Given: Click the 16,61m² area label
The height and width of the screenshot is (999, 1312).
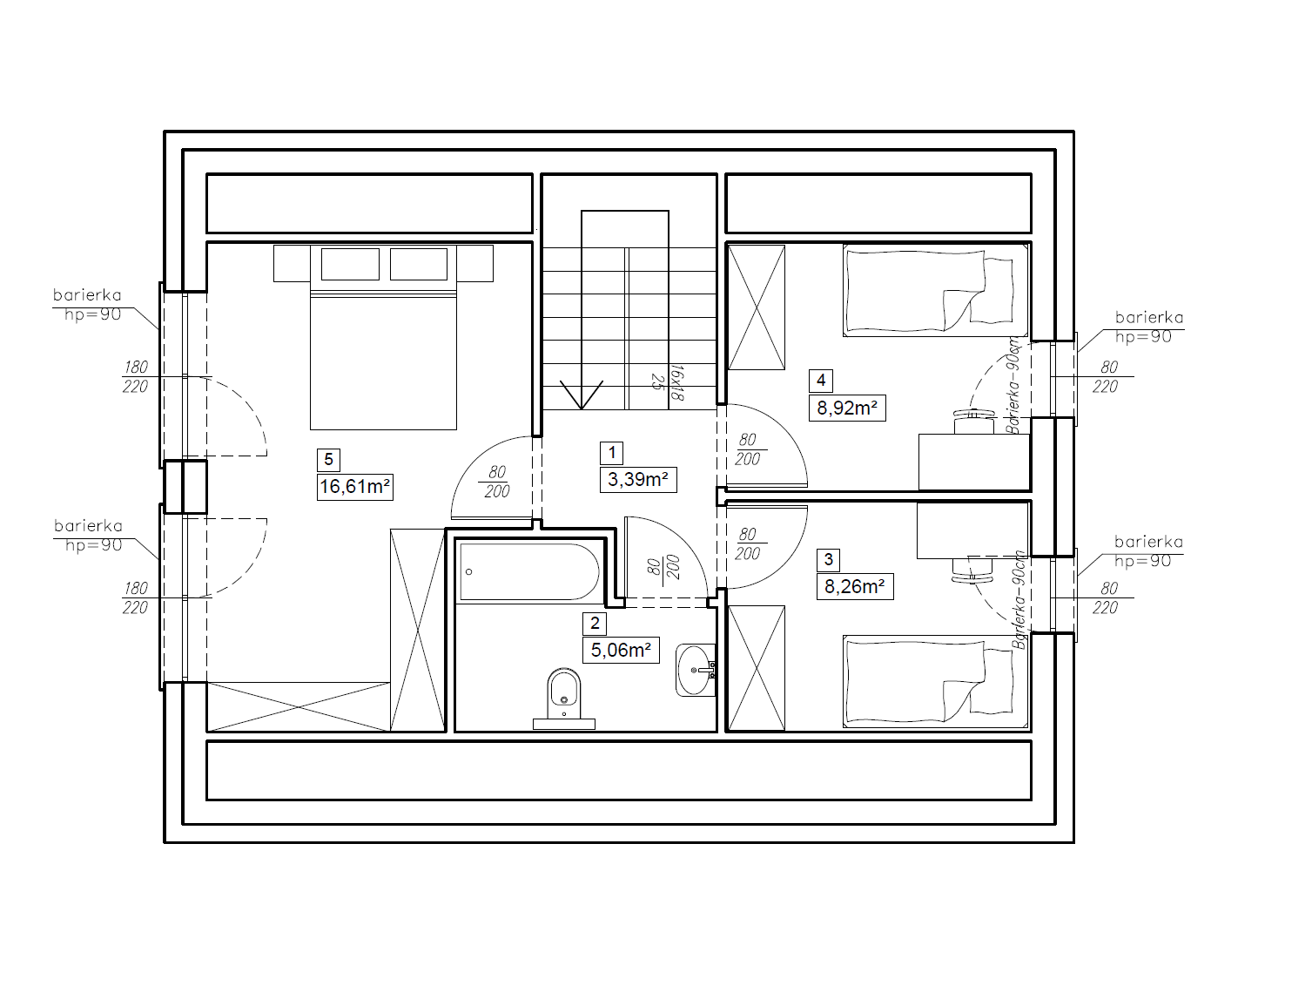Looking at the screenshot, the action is coord(355,487).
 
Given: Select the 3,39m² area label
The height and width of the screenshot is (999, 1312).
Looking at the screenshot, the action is coord(638,480).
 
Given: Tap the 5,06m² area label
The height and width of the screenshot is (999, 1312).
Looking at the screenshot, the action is coord(621,650).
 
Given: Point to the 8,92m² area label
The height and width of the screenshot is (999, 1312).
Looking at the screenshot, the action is coord(847,408).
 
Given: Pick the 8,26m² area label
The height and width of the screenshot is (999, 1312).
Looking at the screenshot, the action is coord(855,586).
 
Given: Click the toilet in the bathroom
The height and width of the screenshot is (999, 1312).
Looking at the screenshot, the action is coord(563,699).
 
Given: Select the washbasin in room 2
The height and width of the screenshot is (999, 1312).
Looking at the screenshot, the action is coord(696,670).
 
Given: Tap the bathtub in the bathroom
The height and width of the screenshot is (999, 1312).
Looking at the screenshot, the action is coord(529,571).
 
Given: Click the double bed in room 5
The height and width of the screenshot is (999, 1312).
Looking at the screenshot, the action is coord(383,337).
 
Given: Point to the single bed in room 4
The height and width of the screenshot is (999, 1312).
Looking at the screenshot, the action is coord(935,290).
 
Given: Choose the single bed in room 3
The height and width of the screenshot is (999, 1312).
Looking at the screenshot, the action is coord(935,682).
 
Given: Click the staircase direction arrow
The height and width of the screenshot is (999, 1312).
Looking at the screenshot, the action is coord(581,395).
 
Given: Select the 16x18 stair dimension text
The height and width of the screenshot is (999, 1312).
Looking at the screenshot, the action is coord(676,382).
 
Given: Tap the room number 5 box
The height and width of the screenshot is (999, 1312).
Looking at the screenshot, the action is coord(328,460).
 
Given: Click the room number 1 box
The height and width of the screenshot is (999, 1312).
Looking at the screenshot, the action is coord(611,453).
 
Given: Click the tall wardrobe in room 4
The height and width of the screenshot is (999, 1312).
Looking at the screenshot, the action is coord(756,307).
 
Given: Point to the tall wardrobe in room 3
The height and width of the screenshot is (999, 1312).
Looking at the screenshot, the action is coord(756,668).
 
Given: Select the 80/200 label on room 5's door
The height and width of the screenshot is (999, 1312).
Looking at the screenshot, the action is coord(496,482).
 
